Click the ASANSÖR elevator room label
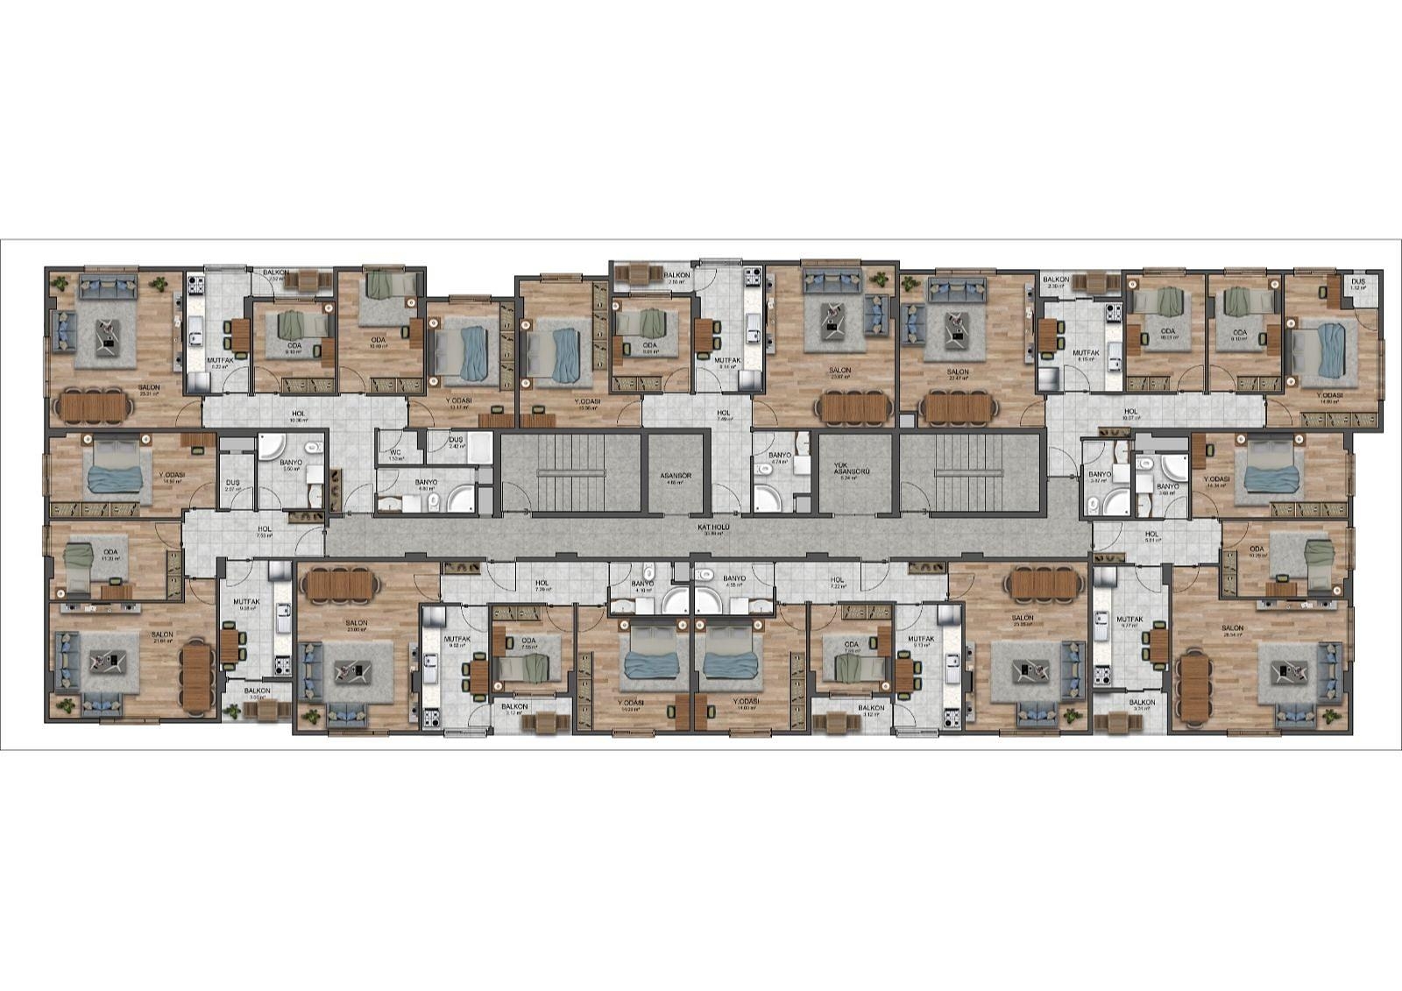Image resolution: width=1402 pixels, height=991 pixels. (676, 476)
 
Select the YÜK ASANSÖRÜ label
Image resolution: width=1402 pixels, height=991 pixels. (845, 471)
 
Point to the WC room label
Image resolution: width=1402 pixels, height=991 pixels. (395, 454)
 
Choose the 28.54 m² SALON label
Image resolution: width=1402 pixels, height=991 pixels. (1232, 628)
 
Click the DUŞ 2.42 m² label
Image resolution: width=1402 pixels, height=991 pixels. (455, 442)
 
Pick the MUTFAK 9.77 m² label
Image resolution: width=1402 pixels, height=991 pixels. (1130, 620)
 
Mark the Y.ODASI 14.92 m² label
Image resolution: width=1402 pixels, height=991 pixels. (172, 478)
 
